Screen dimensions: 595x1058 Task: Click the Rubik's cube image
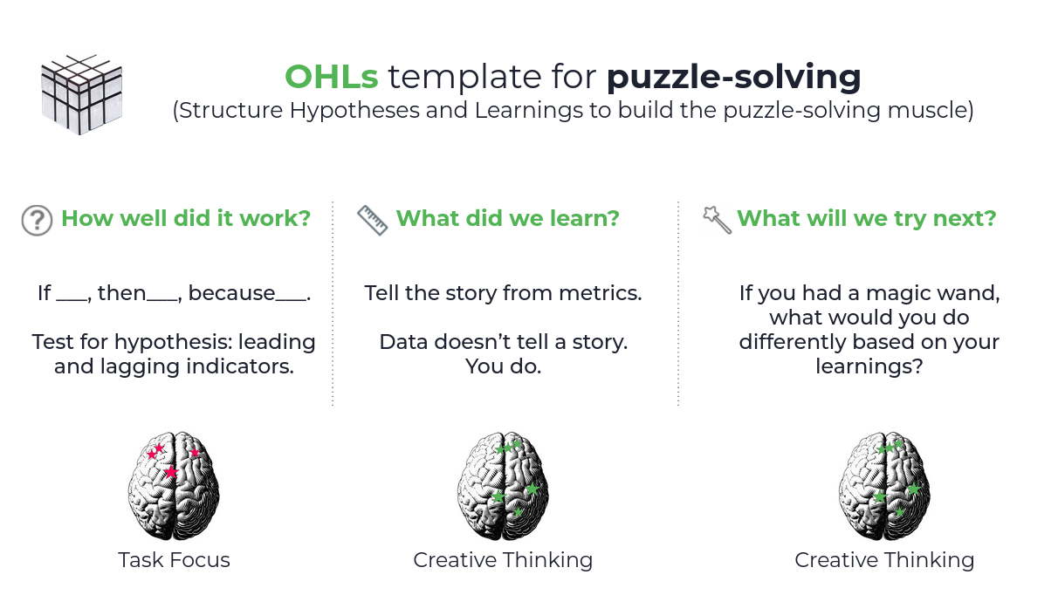tap(81, 94)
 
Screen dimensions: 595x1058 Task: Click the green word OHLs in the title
tap(331, 78)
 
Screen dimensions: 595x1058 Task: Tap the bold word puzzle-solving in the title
tap(733, 78)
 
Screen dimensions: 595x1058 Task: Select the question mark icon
tap(37, 220)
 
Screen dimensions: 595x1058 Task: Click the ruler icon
tap(373, 220)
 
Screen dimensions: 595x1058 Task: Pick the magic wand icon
tap(717, 220)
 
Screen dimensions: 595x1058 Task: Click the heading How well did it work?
tap(186, 218)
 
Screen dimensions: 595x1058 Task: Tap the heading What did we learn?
tap(507, 218)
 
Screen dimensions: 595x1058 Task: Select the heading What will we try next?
tap(866, 218)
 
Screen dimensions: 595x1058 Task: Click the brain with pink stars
tap(174, 486)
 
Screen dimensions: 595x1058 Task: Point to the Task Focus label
tap(174, 560)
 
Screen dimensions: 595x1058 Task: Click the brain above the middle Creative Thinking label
tap(503, 486)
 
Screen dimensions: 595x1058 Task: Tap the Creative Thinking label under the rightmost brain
tap(884, 560)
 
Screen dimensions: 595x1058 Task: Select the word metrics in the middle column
tap(607, 293)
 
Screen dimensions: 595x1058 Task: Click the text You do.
tap(503, 366)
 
